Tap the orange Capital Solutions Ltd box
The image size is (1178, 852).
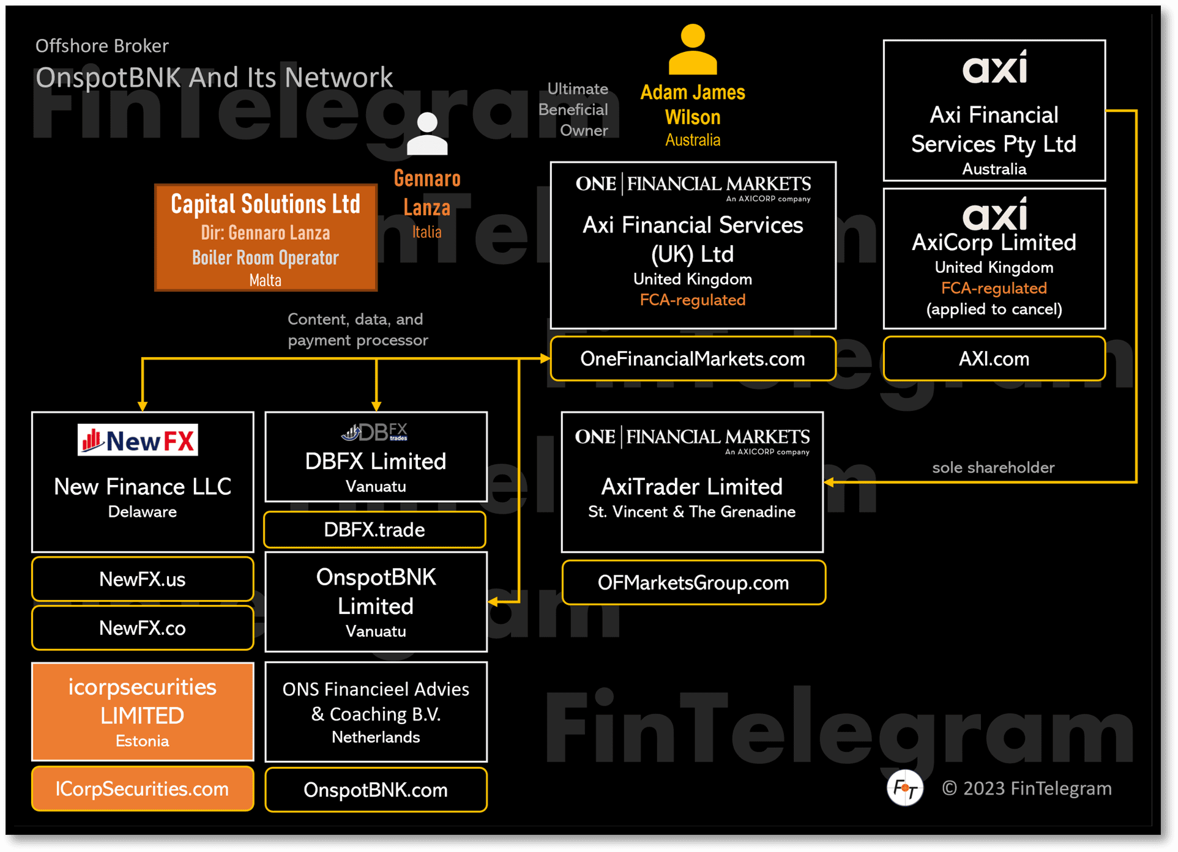pos(266,237)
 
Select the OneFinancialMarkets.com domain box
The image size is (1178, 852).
pos(693,359)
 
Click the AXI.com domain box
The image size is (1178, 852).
pos(994,359)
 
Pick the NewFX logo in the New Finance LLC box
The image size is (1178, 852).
pos(138,440)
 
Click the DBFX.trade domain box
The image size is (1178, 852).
pos(375,530)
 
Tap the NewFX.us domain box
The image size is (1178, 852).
pos(143,579)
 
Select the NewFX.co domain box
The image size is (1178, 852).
pos(143,628)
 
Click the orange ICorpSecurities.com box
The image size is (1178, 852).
pos(143,789)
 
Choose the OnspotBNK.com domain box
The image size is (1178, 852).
pos(376,790)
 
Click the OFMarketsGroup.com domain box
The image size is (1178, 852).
pos(693,583)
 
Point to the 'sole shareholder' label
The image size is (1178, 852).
pos(993,468)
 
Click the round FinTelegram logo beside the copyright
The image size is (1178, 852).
pos(904,788)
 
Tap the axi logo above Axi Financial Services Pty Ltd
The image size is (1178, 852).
pos(994,68)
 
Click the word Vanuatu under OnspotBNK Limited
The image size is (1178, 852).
pos(376,631)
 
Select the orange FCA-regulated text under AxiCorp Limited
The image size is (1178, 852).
pos(994,288)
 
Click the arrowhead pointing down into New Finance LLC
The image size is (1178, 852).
pos(143,406)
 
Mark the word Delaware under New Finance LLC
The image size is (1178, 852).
pos(143,512)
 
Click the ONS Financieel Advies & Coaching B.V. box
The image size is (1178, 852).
pos(376,712)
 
